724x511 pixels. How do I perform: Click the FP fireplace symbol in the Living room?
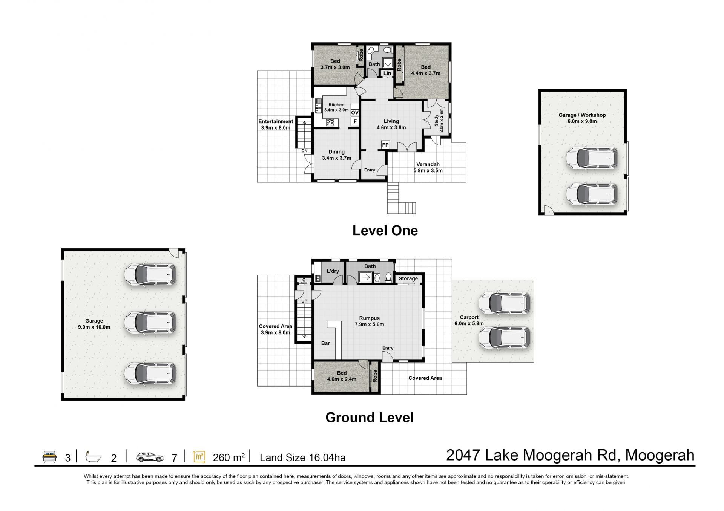[385, 145]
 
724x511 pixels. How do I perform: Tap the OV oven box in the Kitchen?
[355, 113]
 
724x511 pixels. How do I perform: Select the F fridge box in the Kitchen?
[355, 122]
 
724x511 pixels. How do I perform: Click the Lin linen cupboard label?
[387, 73]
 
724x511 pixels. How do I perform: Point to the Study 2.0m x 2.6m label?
[439, 121]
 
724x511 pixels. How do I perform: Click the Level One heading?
[385, 231]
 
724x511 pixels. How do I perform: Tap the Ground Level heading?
[370, 418]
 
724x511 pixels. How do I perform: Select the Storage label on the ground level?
[408, 279]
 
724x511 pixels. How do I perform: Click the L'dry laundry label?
[333, 271]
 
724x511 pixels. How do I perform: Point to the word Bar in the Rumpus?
[325, 343]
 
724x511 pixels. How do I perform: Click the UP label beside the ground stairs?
[304, 301]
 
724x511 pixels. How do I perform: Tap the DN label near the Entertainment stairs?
[304, 151]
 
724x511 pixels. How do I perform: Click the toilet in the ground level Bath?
[388, 277]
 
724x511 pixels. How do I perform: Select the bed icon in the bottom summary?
[49, 457]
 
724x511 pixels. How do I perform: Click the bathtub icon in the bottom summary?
[93, 457]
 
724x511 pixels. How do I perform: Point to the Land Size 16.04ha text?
[302, 457]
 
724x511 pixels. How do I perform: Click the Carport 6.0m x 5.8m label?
[469, 320]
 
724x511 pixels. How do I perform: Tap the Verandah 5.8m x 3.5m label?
[428, 167]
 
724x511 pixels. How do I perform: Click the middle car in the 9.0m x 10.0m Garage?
[150, 323]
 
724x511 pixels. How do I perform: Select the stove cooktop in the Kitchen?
[330, 122]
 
